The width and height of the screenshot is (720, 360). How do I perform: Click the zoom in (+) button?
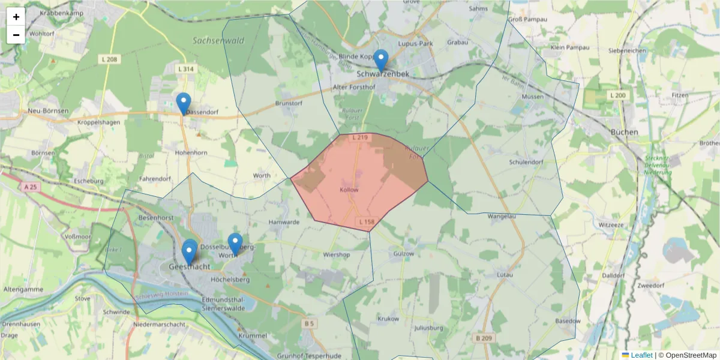click(16, 17)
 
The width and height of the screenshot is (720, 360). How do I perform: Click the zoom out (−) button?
click(16, 35)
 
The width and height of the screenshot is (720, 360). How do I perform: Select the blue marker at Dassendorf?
click(184, 104)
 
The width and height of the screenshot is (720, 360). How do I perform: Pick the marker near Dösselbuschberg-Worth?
click(235, 244)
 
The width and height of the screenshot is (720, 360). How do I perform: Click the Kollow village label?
click(349, 190)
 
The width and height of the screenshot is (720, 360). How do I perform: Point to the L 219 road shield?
click(359, 138)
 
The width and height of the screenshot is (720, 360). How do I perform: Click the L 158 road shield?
click(367, 222)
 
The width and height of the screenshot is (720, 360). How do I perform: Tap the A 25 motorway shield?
click(31, 187)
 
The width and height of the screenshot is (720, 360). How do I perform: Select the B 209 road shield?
click(484, 338)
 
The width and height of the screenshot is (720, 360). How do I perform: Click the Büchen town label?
click(623, 132)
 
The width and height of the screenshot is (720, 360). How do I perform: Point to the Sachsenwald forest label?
click(218, 41)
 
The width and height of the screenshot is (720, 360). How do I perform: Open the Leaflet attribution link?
click(641, 355)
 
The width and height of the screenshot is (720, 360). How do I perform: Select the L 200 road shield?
click(617, 95)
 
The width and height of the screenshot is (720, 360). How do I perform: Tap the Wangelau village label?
click(502, 216)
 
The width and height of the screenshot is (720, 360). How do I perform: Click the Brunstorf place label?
click(288, 103)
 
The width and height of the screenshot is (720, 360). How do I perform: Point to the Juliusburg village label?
click(428, 328)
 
